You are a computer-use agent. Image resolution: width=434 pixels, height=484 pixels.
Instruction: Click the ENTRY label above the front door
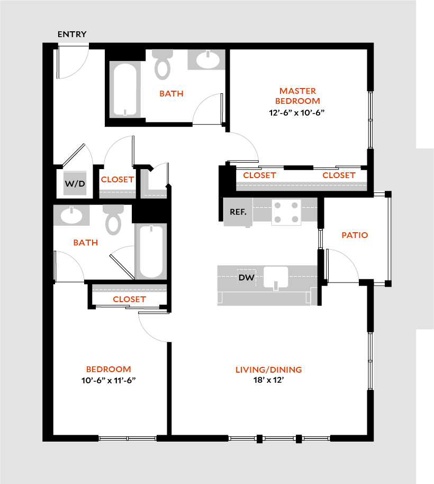[x=72, y=34]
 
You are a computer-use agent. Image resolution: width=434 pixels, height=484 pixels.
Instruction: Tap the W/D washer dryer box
[x=75, y=183]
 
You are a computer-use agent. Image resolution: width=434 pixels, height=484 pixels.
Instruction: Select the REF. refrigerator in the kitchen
[x=238, y=212]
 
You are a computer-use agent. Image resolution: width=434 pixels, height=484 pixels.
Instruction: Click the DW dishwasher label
[x=245, y=277]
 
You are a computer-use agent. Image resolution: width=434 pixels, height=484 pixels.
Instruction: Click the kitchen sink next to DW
[x=275, y=278]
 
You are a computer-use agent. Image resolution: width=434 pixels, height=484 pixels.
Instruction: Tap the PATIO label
[x=355, y=235]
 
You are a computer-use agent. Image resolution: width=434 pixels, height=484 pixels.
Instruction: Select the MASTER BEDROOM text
[x=298, y=96]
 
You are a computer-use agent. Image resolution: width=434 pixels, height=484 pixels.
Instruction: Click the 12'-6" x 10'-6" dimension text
[x=296, y=112]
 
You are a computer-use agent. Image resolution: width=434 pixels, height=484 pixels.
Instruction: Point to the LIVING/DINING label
[x=269, y=369]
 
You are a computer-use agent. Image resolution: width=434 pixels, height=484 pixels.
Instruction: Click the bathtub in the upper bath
[x=125, y=89]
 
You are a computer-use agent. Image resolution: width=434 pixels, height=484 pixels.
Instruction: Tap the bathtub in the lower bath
[x=151, y=251]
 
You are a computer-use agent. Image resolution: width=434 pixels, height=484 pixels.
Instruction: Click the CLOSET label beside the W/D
[x=117, y=180]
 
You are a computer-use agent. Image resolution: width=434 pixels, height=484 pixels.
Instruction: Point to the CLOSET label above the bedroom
[x=129, y=299]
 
